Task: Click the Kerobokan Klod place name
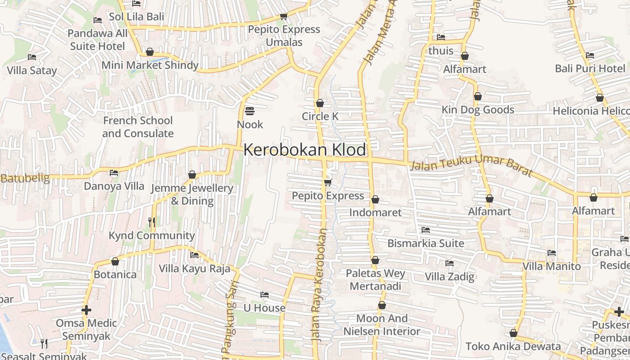pyautogui.click(x=305, y=150)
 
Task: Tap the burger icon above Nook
pyautogui.click(x=250, y=111)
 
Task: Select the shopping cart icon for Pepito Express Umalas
pyautogui.click(x=283, y=17)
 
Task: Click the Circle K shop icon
pyautogui.click(x=320, y=103)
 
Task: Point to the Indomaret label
pyautogui.click(x=375, y=212)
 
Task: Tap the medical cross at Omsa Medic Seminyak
pyautogui.click(x=86, y=310)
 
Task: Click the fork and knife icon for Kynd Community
pyautogui.click(x=152, y=222)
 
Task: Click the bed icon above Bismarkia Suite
pyautogui.click(x=425, y=230)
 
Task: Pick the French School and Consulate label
pyautogui.click(x=138, y=127)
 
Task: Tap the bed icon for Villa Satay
pyautogui.click(x=31, y=57)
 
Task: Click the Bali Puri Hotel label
pyautogui.click(x=590, y=68)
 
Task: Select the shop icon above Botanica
pyautogui.click(x=115, y=261)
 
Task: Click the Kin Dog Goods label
pyautogui.click(x=477, y=110)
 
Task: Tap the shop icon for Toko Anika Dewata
pyautogui.click(x=513, y=333)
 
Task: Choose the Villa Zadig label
pyautogui.click(x=450, y=276)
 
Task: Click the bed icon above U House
pyautogui.click(x=265, y=295)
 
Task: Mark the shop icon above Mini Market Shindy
pyautogui.click(x=150, y=52)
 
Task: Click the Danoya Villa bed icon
pyautogui.click(x=114, y=172)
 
